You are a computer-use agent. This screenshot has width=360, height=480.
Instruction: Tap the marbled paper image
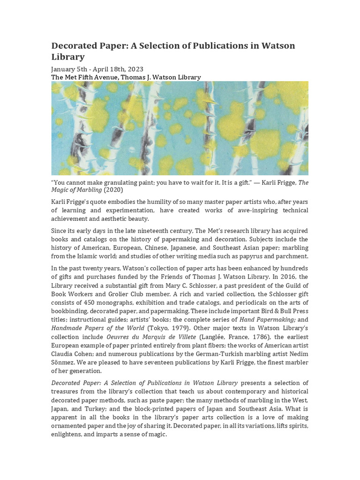pyautogui.click(x=180, y=128)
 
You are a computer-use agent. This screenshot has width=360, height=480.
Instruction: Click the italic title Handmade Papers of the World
pyautogui.click(x=97, y=327)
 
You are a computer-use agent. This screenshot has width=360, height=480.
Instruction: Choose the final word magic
pyautogui.click(x=157, y=435)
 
